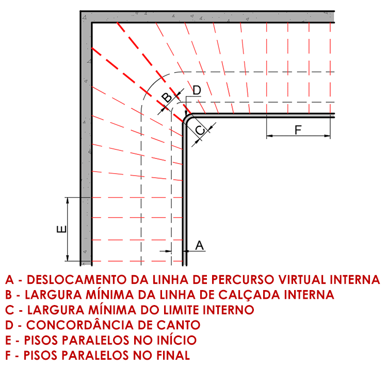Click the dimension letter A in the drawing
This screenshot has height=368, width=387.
pos(200,245)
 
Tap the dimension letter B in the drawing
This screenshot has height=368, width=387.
pos(166,97)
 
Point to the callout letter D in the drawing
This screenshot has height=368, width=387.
pos(197,90)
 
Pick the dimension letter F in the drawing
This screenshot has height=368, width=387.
pos(298,130)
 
